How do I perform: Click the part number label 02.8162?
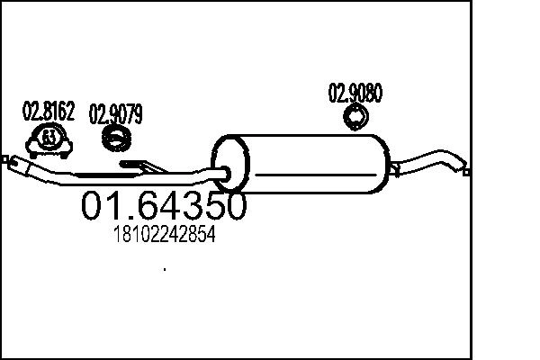point(48,112)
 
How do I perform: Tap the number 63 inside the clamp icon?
point(49,138)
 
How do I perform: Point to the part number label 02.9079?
point(115,114)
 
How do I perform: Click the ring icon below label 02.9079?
point(116,138)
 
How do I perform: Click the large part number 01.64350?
point(164,206)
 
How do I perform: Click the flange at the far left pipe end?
point(12,162)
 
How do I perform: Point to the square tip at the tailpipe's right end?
point(465,167)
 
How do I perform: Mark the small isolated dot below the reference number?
point(164,268)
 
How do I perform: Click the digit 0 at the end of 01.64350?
point(231,206)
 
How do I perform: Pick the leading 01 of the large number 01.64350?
point(98,206)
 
